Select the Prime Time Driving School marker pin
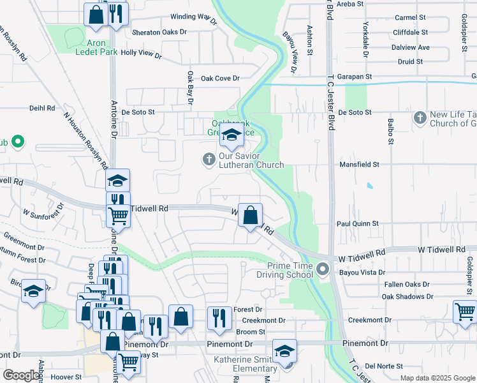pyautogui.click(x=323, y=269)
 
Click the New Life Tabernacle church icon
pyautogui.click(x=420, y=117)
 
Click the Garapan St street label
pyautogui.click(x=355, y=76)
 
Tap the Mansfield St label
pyautogui.click(x=358, y=164)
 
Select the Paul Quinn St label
pyautogui.click(x=358, y=224)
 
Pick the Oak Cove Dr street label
pyautogui.click(x=220, y=79)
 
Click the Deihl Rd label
pyautogui.click(x=43, y=109)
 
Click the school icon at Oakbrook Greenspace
pyautogui.click(x=231, y=135)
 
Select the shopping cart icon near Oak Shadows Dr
pyautogui.click(x=465, y=311)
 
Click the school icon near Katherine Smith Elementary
pyautogui.click(x=284, y=350)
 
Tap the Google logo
pyautogui.click(x=22, y=375)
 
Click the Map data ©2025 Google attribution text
pyautogui.click(x=437, y=378)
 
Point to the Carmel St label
pyautogui.click(x=410, y=18)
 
